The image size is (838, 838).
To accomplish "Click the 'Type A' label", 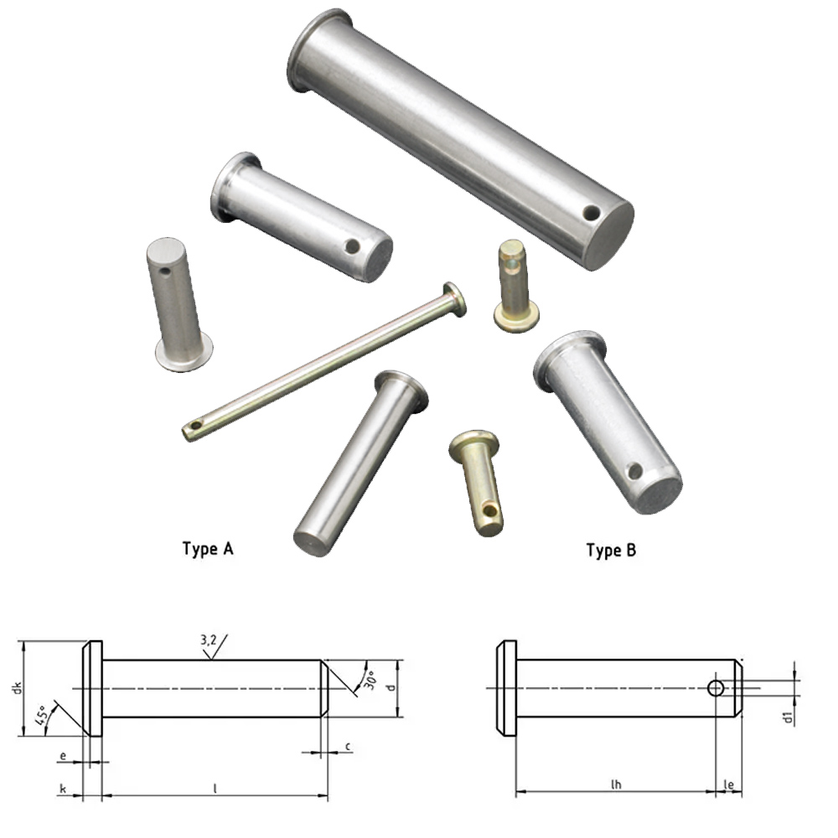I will [x=208, y=550].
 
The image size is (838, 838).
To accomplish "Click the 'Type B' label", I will [x=611, y=551].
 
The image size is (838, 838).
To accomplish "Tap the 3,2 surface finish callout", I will [x=209, y=641].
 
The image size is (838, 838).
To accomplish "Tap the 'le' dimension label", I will [x=729, y=785].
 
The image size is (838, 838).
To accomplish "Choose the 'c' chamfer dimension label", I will [x=347, y=746].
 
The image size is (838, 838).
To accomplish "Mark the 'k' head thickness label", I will [x=63, y=789].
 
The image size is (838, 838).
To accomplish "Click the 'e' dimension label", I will [x=63, y=755].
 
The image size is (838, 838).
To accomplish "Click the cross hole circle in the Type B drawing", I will [x=716, y=688].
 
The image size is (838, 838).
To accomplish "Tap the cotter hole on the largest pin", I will [x=592, y=214].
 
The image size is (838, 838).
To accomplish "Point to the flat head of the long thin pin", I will [x=455, y=297].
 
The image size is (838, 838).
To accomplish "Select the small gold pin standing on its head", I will [x=515, y=285].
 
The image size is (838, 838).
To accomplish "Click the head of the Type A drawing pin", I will [x=92, y=689].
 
